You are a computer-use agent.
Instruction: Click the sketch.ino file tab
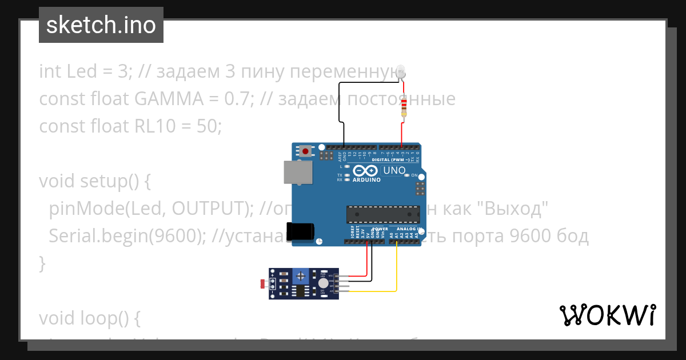101,25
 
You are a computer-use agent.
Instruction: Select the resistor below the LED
404,107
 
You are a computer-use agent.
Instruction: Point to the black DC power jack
300,231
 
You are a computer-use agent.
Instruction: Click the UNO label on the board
394,170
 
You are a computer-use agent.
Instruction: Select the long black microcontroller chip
384,213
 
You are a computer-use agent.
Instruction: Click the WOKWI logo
607,315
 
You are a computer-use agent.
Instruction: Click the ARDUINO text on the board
366,179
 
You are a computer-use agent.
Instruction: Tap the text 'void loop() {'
89,318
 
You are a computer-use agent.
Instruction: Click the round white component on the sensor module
324,283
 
